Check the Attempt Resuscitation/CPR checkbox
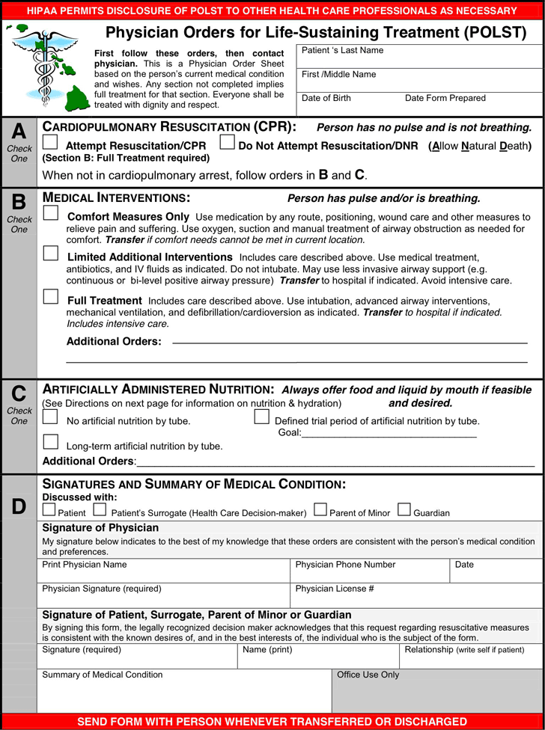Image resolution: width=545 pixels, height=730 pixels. pos(50,142)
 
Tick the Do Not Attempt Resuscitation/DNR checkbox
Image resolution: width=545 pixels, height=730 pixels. pos(227,142)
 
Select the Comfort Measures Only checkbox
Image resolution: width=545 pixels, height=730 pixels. pos(51,213)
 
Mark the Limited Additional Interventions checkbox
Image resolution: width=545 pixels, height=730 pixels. pos(51,254)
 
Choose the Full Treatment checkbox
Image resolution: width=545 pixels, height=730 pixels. pos(51,297)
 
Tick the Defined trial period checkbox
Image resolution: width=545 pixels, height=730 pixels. pos(261,417)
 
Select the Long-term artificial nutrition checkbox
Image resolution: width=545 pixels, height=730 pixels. pos(51,442)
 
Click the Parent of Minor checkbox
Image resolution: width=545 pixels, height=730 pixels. pos(320,510)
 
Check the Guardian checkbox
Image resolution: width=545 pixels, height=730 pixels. pos(404,510)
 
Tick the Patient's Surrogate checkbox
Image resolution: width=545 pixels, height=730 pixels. pos(100,510)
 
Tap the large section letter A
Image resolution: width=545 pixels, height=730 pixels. pos(19,132)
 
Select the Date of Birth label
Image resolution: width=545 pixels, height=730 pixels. pos(326,99)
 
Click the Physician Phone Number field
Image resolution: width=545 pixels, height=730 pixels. pos(370,572)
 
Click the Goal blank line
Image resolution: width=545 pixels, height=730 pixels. pos(389,433)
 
